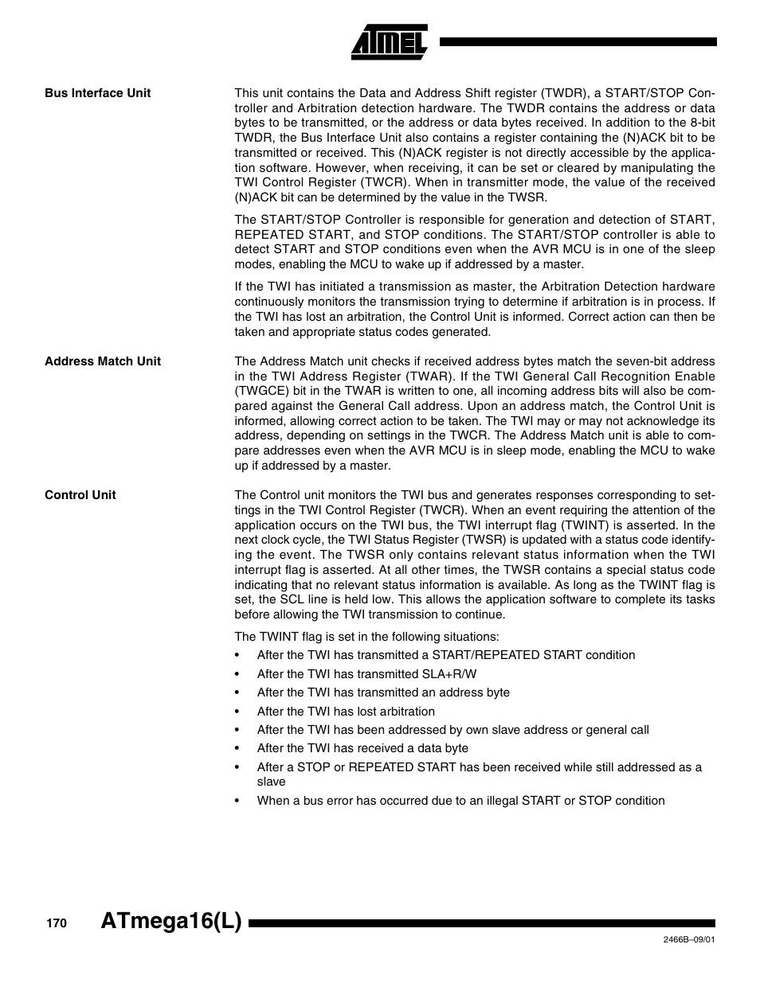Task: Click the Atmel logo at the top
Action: pyautogui.click(x=390, y=41)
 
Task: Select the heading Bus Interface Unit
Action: pyautogui.click(x=97, y=93)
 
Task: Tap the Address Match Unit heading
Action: pyautogui.click(x=102, y=361)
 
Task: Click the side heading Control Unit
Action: pyautogui.click(x=80, y=495)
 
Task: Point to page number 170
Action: pyautogui.click(x=55, y=923)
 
